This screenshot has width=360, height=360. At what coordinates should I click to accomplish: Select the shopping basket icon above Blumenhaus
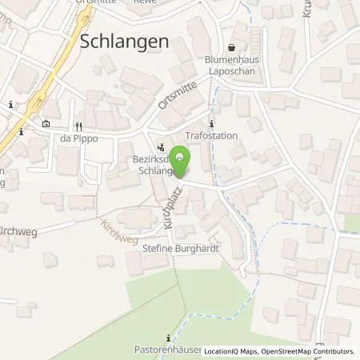click(232, 47)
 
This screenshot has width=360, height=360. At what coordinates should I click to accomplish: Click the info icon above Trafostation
click(211, 123)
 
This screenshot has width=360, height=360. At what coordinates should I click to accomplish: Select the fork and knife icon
click(78, 126)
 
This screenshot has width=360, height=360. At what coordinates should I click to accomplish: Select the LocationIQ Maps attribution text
click(230, 351)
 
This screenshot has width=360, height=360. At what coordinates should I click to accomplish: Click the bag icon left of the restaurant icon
click(45, 124)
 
